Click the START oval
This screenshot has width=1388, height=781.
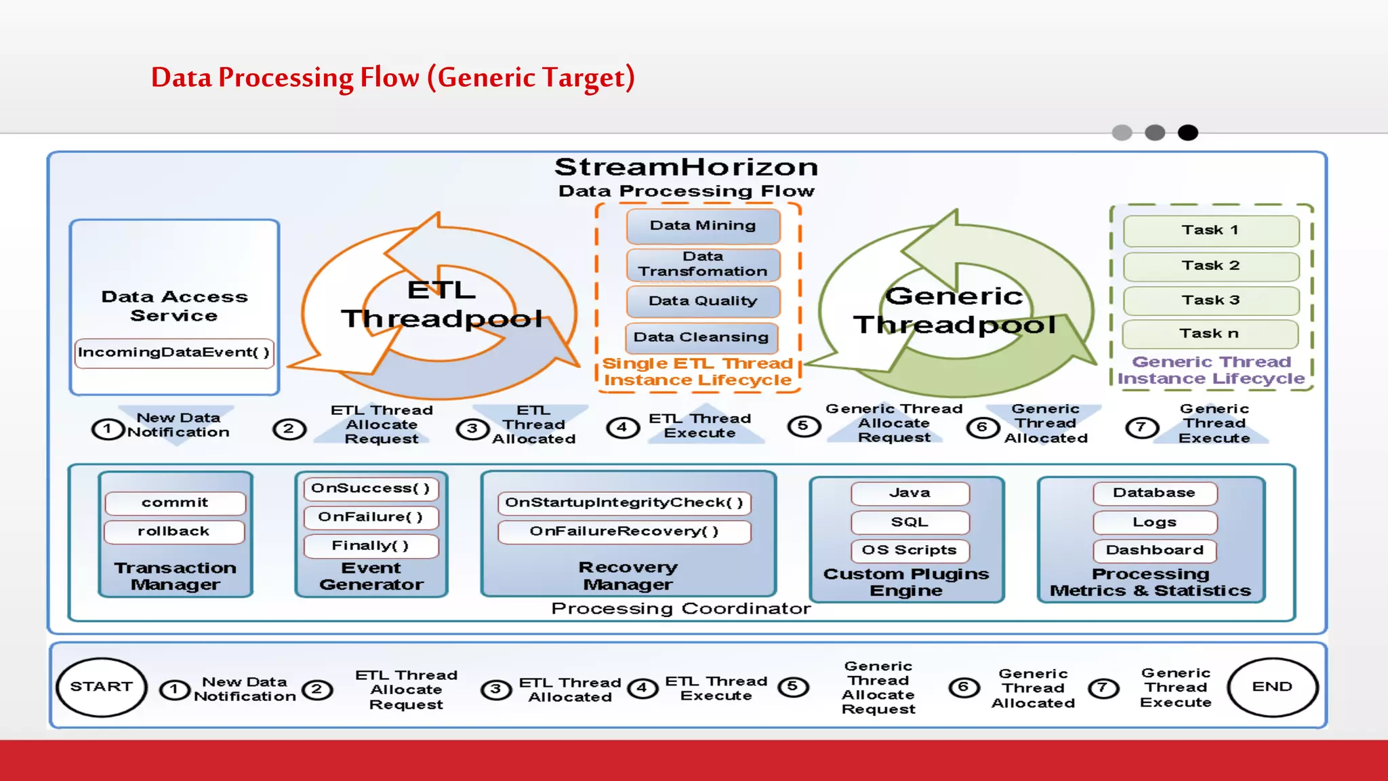tap(102, 687)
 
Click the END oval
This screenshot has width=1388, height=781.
tap(1272, 687)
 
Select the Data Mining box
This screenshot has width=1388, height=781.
tap(703, 226)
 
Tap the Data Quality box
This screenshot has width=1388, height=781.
tap(703, 301)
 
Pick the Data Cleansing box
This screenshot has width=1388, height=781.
tap(701, 338)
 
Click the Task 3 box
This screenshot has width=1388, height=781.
tap(1210, 300)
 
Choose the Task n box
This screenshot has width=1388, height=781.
tap(1210, 334)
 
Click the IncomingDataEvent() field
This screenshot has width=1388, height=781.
tap(174, 353)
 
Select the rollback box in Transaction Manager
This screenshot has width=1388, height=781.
tap(174, 532)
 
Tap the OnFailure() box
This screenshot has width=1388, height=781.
tap(371, 517)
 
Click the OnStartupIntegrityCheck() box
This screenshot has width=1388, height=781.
tap(624, 503)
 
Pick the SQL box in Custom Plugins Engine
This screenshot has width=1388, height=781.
tap(910, 522)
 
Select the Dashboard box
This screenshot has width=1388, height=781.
tap(1154, 550)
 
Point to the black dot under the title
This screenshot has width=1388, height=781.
tap(1187, 133)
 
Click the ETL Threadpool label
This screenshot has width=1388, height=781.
tap(442, 304)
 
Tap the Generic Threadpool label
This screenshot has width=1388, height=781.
tap(954, 311)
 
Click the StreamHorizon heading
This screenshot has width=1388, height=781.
tap(686, 167)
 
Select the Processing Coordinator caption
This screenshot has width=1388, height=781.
tap(680, 609)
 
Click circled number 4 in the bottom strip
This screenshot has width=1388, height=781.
tap(642, 689)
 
